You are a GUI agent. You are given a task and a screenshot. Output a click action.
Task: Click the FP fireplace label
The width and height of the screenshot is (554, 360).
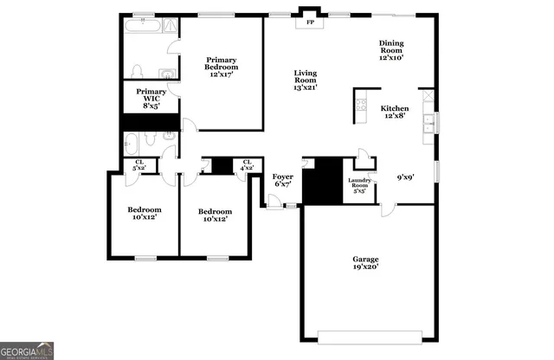310,22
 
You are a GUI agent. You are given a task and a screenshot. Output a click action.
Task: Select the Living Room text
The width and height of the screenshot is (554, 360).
306,80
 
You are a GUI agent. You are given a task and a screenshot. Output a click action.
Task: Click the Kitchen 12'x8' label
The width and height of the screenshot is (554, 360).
395,112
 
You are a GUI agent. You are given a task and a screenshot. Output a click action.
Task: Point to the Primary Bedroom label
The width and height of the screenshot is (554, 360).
222,67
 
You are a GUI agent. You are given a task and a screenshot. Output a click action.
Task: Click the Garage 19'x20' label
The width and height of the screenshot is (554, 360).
364,262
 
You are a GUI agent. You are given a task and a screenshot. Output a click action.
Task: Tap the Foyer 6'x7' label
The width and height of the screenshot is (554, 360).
283,180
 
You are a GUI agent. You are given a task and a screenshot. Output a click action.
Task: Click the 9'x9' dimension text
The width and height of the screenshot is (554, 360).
405,177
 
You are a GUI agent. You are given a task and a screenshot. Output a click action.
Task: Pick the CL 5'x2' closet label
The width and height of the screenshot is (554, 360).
138,164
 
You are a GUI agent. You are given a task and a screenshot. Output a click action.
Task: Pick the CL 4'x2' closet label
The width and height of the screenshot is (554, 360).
248,164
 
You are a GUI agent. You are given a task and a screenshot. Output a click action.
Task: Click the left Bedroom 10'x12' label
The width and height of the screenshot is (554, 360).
144,214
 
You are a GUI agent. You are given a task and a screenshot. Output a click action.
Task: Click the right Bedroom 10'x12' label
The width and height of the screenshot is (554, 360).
215,215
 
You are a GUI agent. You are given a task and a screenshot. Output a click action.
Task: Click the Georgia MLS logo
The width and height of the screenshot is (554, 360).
27,350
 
